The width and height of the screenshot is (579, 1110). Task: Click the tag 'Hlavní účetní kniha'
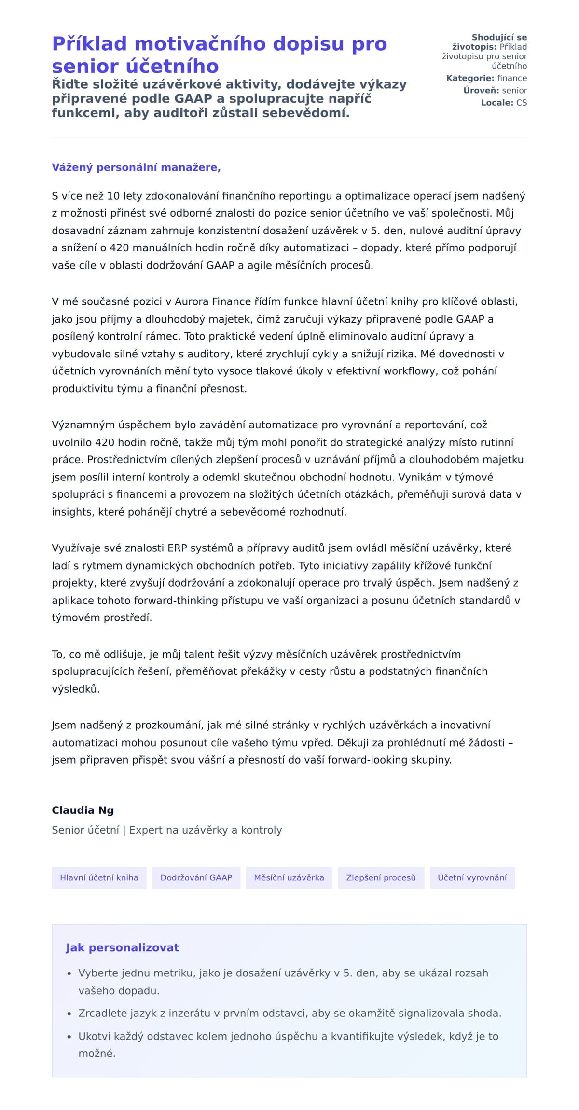point(99,877)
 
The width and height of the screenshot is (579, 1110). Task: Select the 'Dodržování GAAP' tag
point(196,877)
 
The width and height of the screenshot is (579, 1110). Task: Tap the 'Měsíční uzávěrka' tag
point(289,877)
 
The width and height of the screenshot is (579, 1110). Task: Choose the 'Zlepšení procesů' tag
point(381,877)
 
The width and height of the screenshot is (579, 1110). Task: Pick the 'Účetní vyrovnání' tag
point(472,877)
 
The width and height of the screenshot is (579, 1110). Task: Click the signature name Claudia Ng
point(83,810)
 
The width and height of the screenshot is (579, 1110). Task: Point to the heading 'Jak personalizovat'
point(123,947)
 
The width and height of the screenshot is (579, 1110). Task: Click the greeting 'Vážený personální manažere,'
point(136,167)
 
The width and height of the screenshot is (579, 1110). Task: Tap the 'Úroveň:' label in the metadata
point(481,90)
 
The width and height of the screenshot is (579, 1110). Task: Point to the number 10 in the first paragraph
point(113,196)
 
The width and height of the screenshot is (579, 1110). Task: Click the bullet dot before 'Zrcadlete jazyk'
point(69,1014)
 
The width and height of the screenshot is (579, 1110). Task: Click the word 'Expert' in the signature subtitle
point(146,830)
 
